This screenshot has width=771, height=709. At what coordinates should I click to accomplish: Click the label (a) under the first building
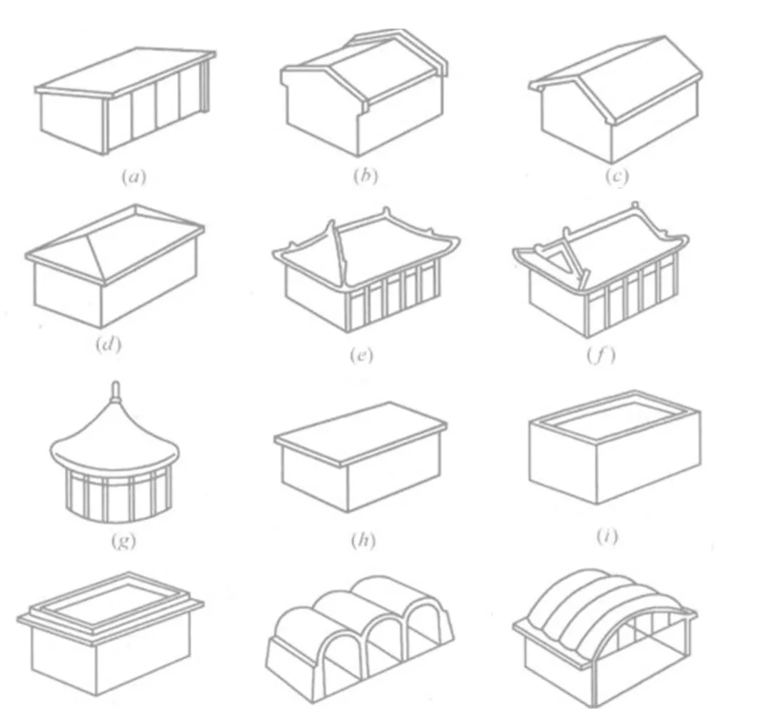133,176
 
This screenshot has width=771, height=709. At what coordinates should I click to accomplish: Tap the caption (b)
366,176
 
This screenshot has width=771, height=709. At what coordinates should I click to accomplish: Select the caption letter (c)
617,176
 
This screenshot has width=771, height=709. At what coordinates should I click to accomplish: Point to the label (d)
109,344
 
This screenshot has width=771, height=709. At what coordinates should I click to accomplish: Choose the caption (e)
361,354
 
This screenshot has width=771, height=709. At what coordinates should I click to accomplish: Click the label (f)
601,354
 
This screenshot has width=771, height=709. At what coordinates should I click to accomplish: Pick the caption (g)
123,540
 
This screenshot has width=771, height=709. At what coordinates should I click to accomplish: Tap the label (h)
363,540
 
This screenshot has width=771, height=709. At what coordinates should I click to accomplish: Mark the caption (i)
608,536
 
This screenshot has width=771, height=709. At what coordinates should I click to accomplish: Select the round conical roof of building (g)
114,438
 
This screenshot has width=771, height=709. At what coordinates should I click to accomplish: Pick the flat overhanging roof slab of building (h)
361,433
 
